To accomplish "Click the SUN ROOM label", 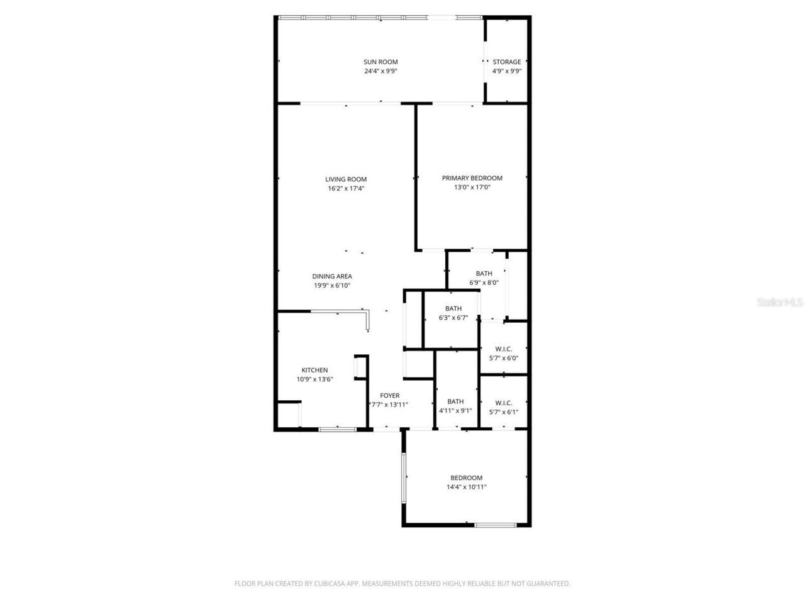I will pos(380,62).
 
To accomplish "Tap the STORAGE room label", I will pos(506,62).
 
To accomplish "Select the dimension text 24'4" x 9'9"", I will pos(380,71).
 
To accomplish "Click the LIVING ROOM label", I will pos(346,179).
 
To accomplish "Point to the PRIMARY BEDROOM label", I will pos(472,178).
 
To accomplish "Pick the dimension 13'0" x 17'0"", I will pos(472,187).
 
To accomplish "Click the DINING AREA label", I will pos(332,276).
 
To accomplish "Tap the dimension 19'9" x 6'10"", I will pos(332,285).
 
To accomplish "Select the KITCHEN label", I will pos(314,370).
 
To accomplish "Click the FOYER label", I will pos(390,396).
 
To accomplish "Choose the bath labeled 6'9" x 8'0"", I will pos(484,274).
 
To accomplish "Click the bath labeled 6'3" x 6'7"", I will pos(453,309).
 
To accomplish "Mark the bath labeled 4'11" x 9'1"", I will pos(455,401).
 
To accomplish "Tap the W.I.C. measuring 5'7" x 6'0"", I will pos(503,349).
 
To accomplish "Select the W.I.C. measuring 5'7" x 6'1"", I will pos(503,403).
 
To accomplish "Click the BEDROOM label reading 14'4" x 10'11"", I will pos(466,478).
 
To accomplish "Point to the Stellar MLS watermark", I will pos(780,302).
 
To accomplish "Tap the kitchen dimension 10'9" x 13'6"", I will pos(314,379).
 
